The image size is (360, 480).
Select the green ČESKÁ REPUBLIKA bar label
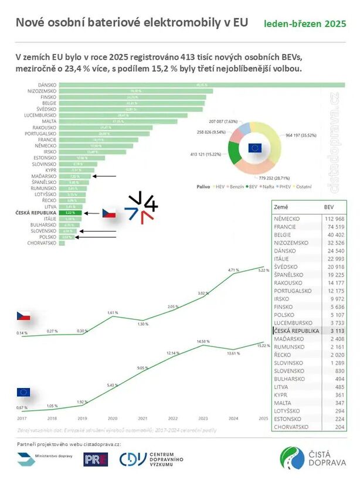coord(70,213)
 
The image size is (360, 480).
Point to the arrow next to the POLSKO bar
coord(95,237)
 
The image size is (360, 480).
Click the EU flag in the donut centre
coord(254,148)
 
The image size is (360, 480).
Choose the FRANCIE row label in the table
coord(286,226)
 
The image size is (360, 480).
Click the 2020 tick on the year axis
coord(111,418)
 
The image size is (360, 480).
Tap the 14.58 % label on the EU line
coord(203,341)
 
